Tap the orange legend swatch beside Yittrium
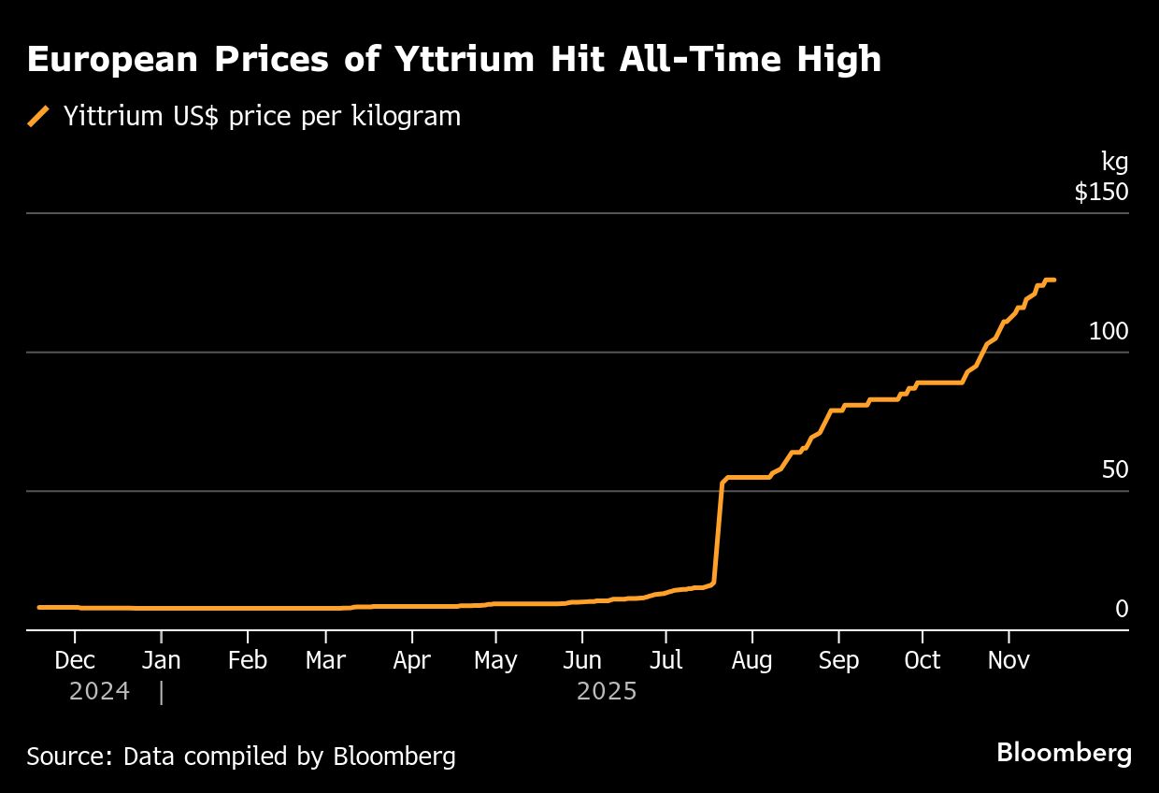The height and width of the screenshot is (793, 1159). point(38,116)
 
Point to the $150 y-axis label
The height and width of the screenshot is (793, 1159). point(1101,193)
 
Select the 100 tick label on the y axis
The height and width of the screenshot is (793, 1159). point(1109,332)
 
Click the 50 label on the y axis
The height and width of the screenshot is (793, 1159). point(1115,470)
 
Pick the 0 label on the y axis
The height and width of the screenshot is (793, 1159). point(1122,610)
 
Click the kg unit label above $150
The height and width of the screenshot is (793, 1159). point(1114,162)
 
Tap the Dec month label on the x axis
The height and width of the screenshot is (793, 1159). point(75,660)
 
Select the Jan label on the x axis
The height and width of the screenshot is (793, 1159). point(161,660)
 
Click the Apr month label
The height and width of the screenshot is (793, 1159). point(411,660)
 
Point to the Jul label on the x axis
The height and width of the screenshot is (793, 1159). point(665,660)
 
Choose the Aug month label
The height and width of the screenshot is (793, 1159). point(751,660)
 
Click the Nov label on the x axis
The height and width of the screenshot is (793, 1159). point(1009,660)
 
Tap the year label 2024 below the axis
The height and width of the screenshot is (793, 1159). point(99,692)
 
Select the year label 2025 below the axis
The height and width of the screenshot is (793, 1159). point(607,692)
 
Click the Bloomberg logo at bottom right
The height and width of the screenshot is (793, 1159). point(1064,753)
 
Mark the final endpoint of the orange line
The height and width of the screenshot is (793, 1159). point(1054,280)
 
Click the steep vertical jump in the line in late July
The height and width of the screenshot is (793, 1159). point(718,533)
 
